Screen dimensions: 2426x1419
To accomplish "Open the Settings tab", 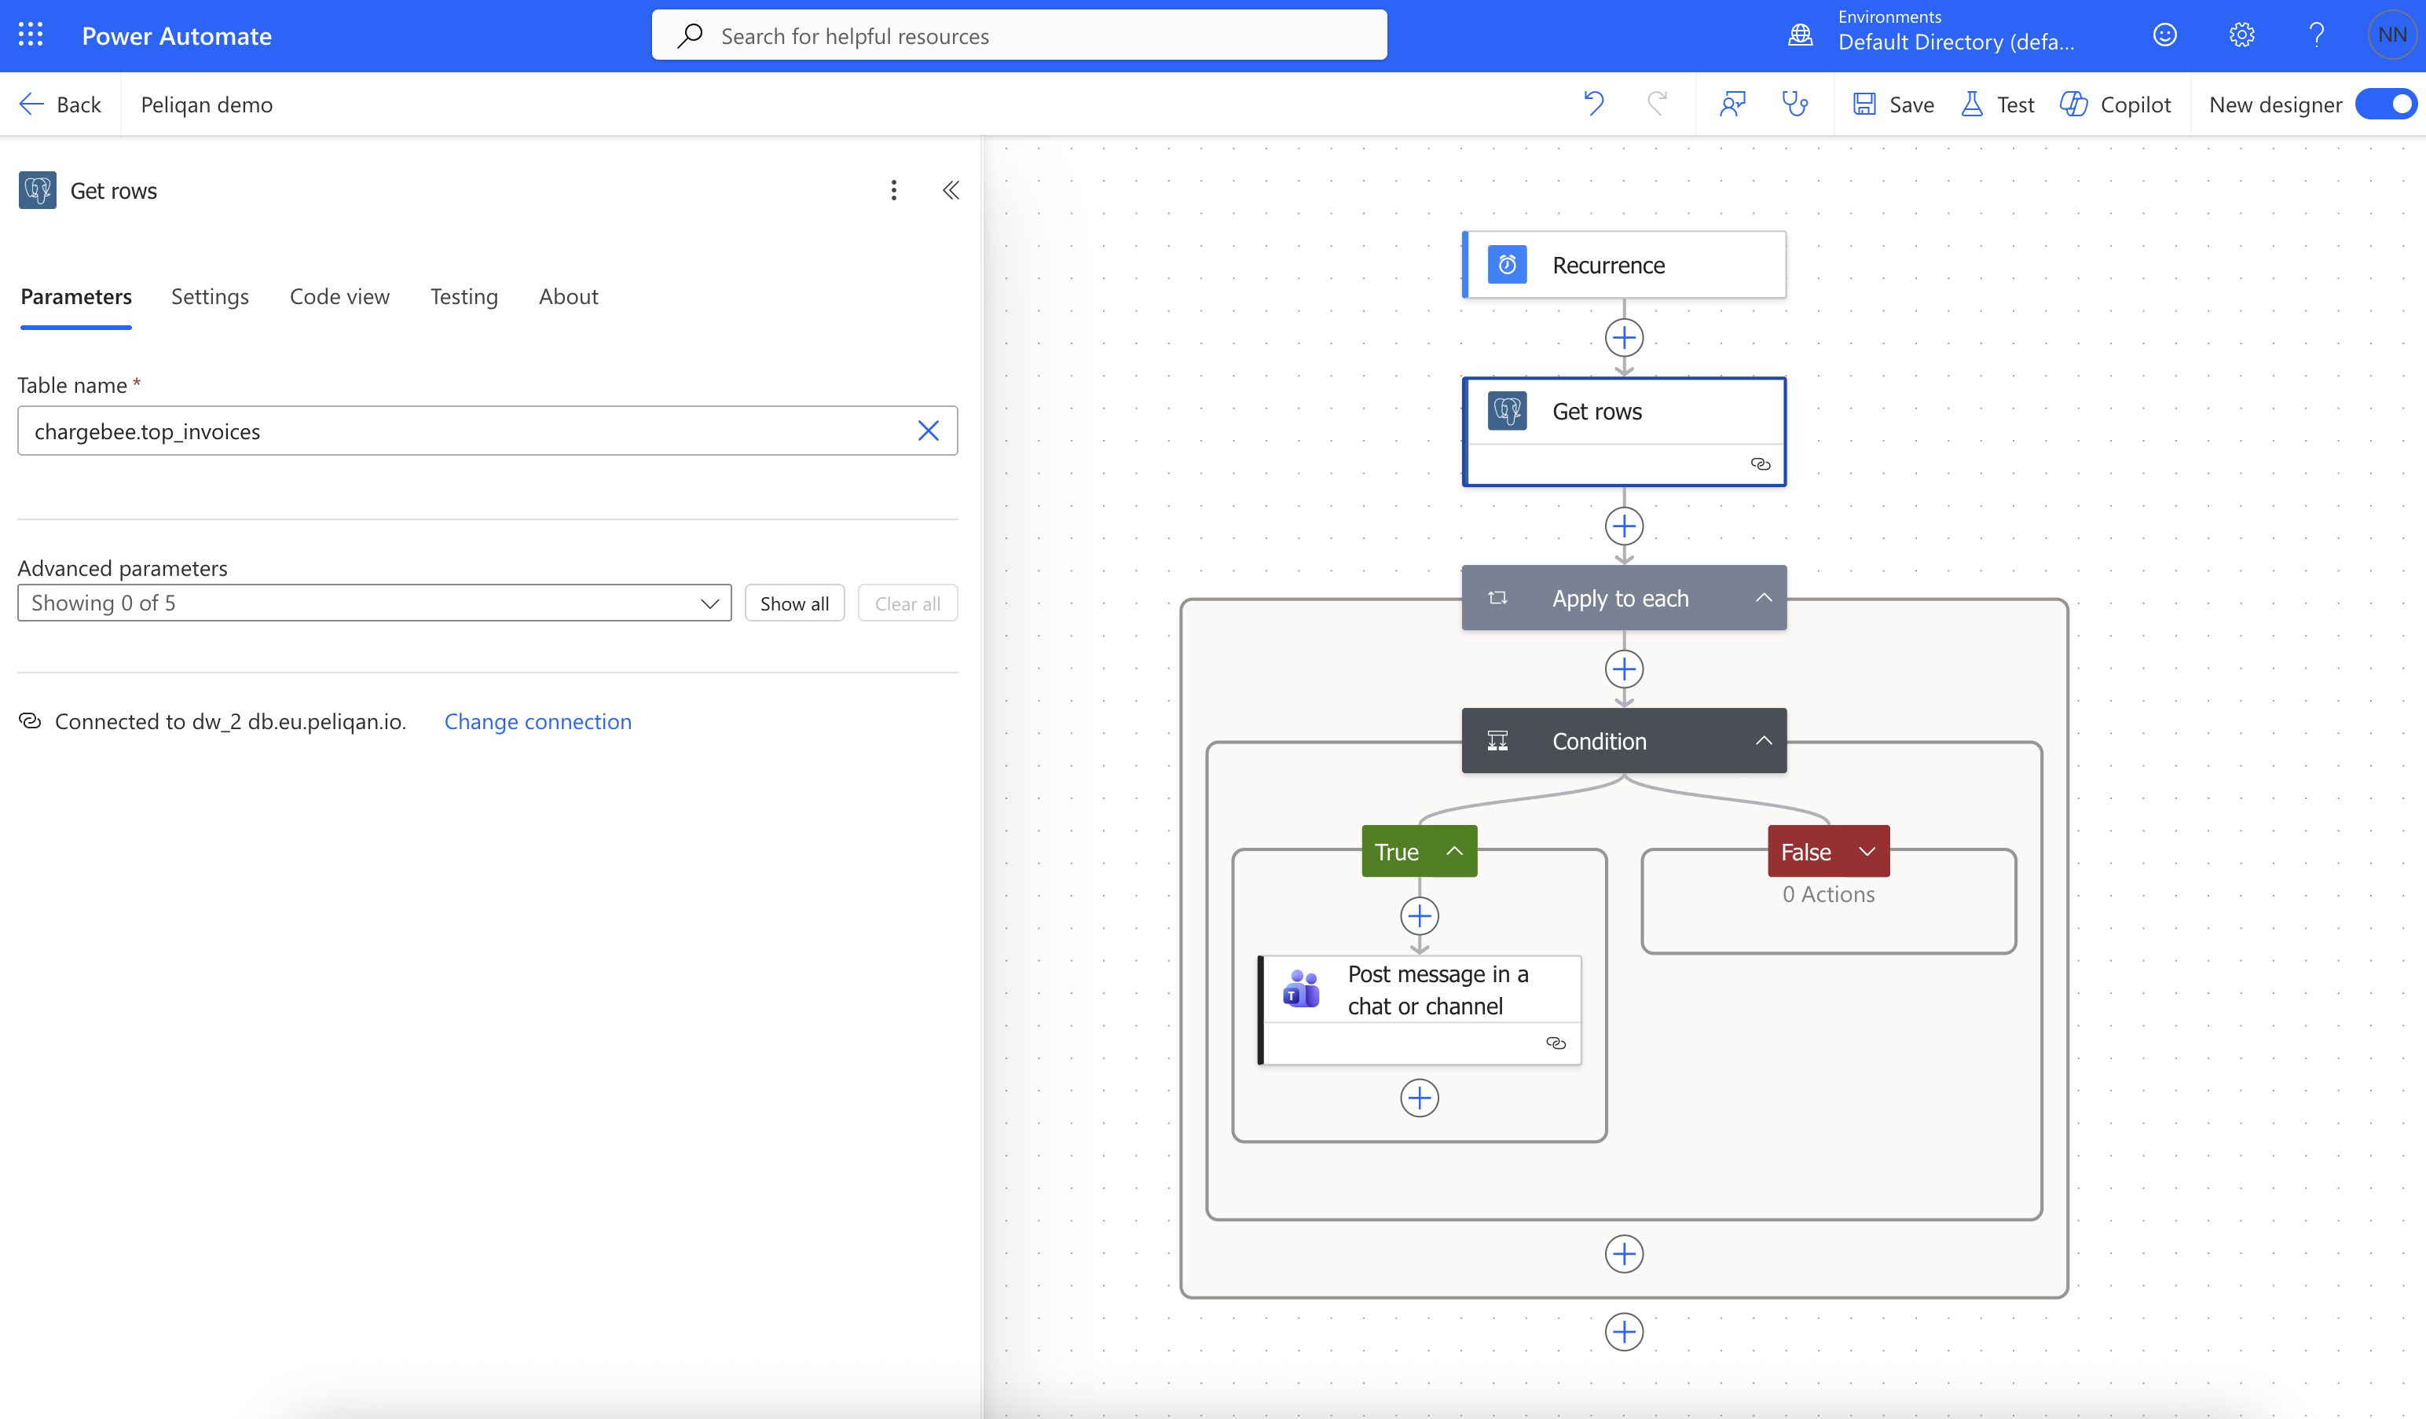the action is click(210, 296).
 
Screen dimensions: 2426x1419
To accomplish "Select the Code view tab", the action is click(340, 296).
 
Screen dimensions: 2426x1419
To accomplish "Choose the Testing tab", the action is click(464, 296).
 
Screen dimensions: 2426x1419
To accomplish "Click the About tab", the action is click(568, 296).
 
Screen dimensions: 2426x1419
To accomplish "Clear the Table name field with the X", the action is click(928, 431).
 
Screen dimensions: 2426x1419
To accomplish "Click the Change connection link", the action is click(538, 722).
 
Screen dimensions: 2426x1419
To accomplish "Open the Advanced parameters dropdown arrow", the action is click(709, 603).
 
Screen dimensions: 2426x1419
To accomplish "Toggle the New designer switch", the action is click(2388, 104).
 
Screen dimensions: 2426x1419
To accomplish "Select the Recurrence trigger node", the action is click(1624, 265).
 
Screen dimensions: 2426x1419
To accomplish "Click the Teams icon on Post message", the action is click(1302, 988).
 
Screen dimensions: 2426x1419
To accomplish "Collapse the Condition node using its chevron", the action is click(1764, 740).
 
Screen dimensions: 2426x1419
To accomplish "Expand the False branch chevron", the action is click(1867, 851).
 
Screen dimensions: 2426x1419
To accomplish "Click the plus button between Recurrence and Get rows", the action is click(1624, 338).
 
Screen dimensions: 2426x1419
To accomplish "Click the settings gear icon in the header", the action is click(2241, 35).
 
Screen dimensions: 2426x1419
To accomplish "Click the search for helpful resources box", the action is click(1020, 35).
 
